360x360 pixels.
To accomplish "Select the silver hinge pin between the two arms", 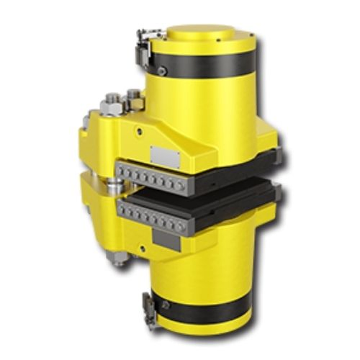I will pos(108,186).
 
